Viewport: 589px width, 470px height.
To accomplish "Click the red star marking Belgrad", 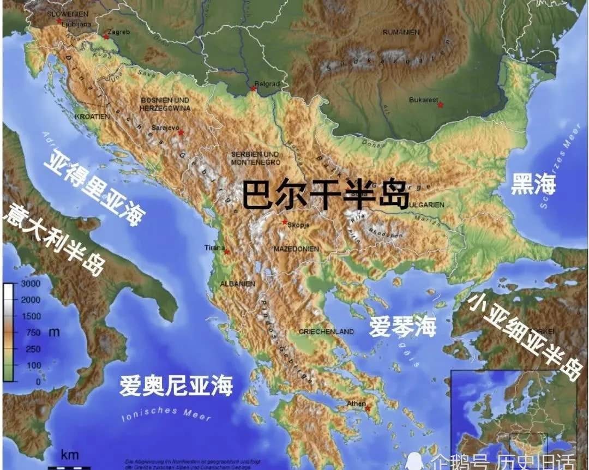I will (x=254, y=88).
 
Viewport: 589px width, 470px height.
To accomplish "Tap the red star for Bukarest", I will (x=441, y=104).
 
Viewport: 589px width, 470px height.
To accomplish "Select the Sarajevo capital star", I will (x=181, y=132).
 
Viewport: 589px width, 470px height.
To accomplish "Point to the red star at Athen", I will (x=368, y=408).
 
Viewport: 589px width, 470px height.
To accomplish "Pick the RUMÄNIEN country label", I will (x=401, y=32).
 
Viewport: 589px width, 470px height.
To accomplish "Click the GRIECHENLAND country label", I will (x=326, y=332).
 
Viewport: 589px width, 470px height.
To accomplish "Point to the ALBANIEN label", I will (x=237, y=284).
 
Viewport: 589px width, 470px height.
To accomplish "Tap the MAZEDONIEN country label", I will (x=295, y=249).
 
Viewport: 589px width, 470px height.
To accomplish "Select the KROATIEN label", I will (x=92, y=117).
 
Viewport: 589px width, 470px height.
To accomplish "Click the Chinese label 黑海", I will (x=533, y=185).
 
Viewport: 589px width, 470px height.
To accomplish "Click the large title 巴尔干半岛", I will (x=325, y=195).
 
